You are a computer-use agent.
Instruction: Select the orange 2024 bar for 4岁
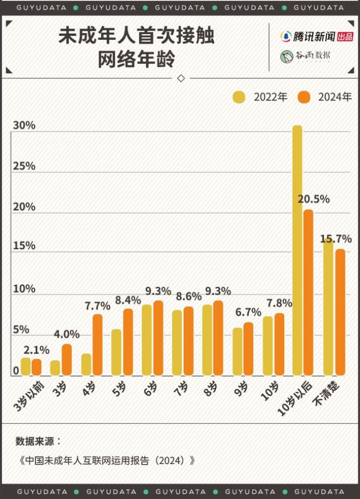97,344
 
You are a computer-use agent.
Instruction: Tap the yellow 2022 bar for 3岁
55,368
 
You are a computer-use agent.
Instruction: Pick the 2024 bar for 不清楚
340,312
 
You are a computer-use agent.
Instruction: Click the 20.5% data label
313,198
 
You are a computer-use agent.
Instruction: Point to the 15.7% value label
336,239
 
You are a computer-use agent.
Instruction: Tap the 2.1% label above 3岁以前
36,350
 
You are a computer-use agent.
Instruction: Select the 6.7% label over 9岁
248,312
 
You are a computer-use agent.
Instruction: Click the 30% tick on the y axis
24,126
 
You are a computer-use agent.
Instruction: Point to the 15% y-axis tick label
24,246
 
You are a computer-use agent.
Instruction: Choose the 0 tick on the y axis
17,370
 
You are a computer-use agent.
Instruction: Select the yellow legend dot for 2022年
239,97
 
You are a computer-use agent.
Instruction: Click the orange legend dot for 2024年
304,97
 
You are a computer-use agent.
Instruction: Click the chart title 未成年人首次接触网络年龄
136,48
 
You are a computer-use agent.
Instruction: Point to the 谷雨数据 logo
306,56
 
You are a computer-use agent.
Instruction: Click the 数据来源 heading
39,441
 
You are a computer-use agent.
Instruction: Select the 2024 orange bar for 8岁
218,338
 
